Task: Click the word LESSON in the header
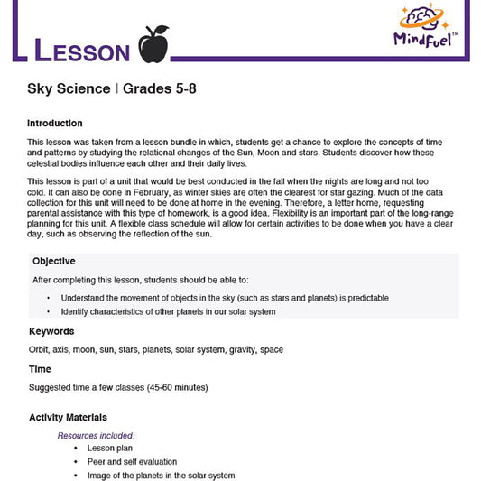click(x=81, y=51)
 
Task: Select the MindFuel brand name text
click(x=427, y=38)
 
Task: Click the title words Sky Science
click(x=66, y=88)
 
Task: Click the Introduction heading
click(x=55, y=124)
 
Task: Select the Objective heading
click(x=55, y=261)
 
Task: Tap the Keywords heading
click(x=51, y=331)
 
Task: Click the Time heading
click(x=40, y=369)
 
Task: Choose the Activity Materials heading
click(x=68, y=418)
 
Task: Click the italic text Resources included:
click(x=97, y=435)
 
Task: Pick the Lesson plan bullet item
click(x=109, y=449)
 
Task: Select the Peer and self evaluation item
click(x=132, y=462)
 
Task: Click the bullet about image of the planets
click(x=161, y=476)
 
